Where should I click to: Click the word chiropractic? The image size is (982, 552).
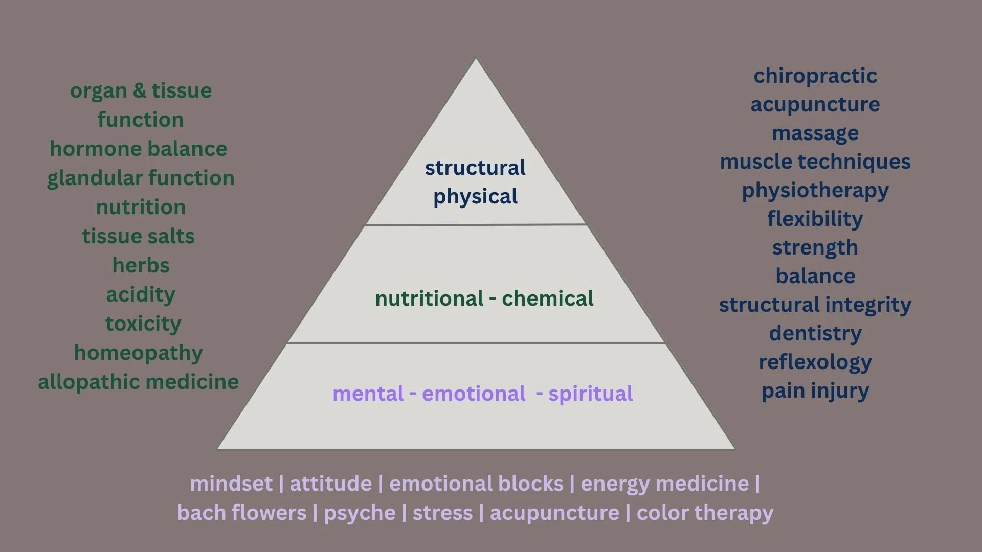(x=815, y=76)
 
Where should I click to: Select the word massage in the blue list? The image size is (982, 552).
(x=815, y=133)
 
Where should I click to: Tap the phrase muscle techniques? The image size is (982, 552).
(x=815, y=162)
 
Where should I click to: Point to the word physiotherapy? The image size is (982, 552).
(x=815, y=191)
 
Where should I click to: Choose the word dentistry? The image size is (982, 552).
(x=815, y=333)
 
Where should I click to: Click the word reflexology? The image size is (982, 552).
(x=815, y=362)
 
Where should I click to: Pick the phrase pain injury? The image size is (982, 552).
(x=815, y=391)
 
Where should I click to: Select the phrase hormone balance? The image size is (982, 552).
(x=138, y=149)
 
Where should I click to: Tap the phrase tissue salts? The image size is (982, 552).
(x=138, y=236)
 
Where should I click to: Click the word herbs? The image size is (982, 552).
(x=141, y=265)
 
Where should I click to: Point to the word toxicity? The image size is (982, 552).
(x=143, y=324)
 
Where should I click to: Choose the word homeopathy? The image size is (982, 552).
(x=138, y=353)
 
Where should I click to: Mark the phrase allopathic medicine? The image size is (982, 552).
(x=138, y=382)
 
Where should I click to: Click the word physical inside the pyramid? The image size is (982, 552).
(x=475, y=197)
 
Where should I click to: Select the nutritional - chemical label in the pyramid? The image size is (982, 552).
(x=484, y=298)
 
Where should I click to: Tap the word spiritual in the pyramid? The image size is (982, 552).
(x=590, y=394)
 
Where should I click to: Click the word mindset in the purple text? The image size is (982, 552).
(x=231, y=484)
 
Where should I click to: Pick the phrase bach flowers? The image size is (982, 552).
(x=241, y=513)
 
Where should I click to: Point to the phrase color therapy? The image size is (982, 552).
(x=705, y=513)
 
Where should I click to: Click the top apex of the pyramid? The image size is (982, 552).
(x=476, y=59)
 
